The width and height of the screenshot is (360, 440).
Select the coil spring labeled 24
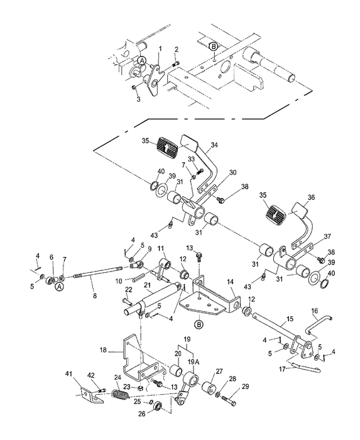click(119, 396)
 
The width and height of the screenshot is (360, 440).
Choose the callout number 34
click(214, 145)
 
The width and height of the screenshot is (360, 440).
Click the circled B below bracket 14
click(198, 324)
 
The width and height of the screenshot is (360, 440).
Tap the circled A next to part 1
click(143, 60)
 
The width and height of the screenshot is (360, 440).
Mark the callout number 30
click(215, 172)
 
